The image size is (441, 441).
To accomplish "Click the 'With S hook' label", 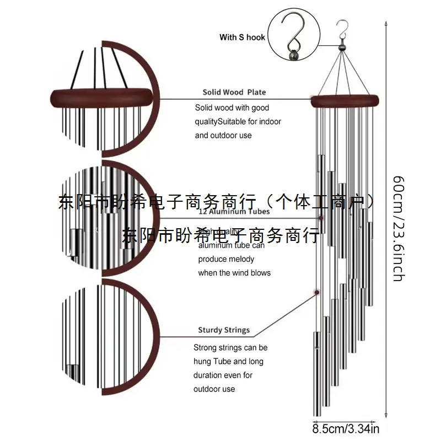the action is (242, 37).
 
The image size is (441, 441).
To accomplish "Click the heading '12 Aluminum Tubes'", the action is (234, 211).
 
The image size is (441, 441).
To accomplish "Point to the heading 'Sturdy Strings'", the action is (224, 330).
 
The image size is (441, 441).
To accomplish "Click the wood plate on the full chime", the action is (345, 101).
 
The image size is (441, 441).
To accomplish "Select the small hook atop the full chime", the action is (342, 28).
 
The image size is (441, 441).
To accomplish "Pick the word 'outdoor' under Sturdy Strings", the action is (207, 389).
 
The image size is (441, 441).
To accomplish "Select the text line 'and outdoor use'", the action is (223, 135).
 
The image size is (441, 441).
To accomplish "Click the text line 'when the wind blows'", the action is (234, 272).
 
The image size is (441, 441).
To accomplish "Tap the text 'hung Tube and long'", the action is (228, 362).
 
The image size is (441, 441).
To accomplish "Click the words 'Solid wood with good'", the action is (232, 108).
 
